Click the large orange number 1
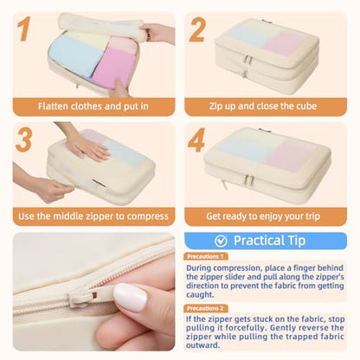coord(24,29)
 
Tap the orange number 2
coord(197,30)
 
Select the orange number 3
coord(24,139)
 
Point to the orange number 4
coord(196,140)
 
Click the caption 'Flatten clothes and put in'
coord(93,106)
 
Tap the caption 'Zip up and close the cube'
coord(263,106)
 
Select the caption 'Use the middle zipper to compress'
coord(93,216)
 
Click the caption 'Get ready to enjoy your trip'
coord(263,216)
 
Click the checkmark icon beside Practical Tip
coord(221,241)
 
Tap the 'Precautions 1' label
coord(205,256)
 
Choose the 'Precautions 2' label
coord(205,308)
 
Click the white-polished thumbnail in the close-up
coord(130,298)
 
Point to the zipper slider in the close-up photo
coord(84,296)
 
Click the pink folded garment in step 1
coord(114,67)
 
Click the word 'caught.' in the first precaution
coord(200,295)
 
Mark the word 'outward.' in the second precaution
coord(202,345)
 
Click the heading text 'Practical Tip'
coord(269,241)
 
